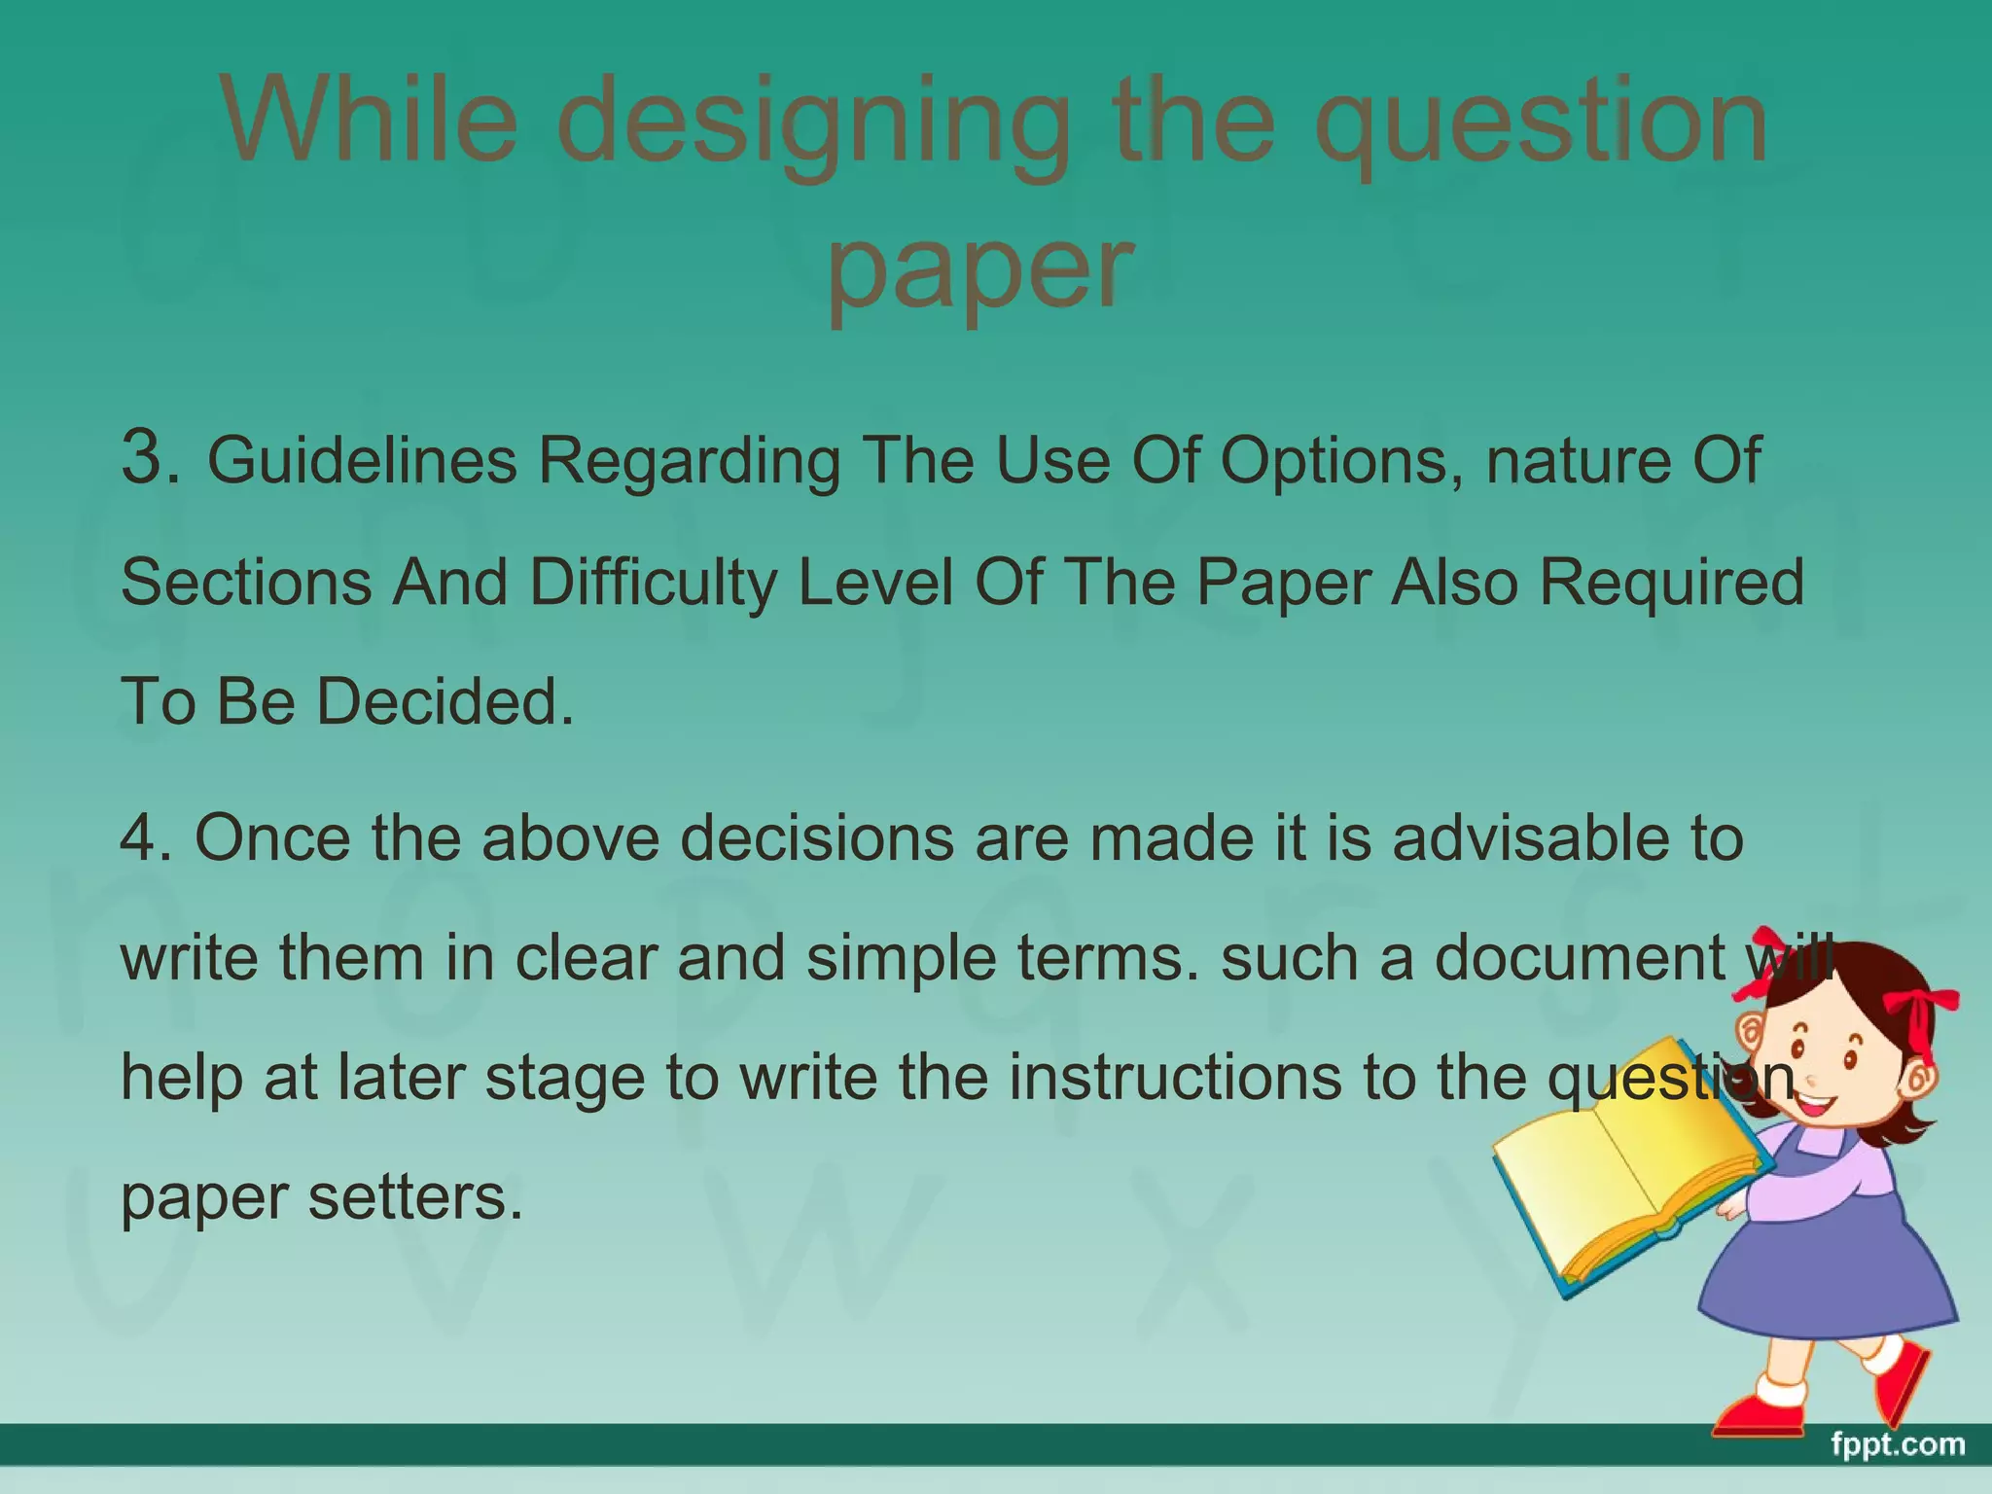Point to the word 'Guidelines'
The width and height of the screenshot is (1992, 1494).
(362, 460)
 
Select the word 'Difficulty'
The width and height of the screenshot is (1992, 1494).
(653, 583)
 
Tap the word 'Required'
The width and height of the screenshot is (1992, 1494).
(1671, 583)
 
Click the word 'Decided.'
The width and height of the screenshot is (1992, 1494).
(445, 701)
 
